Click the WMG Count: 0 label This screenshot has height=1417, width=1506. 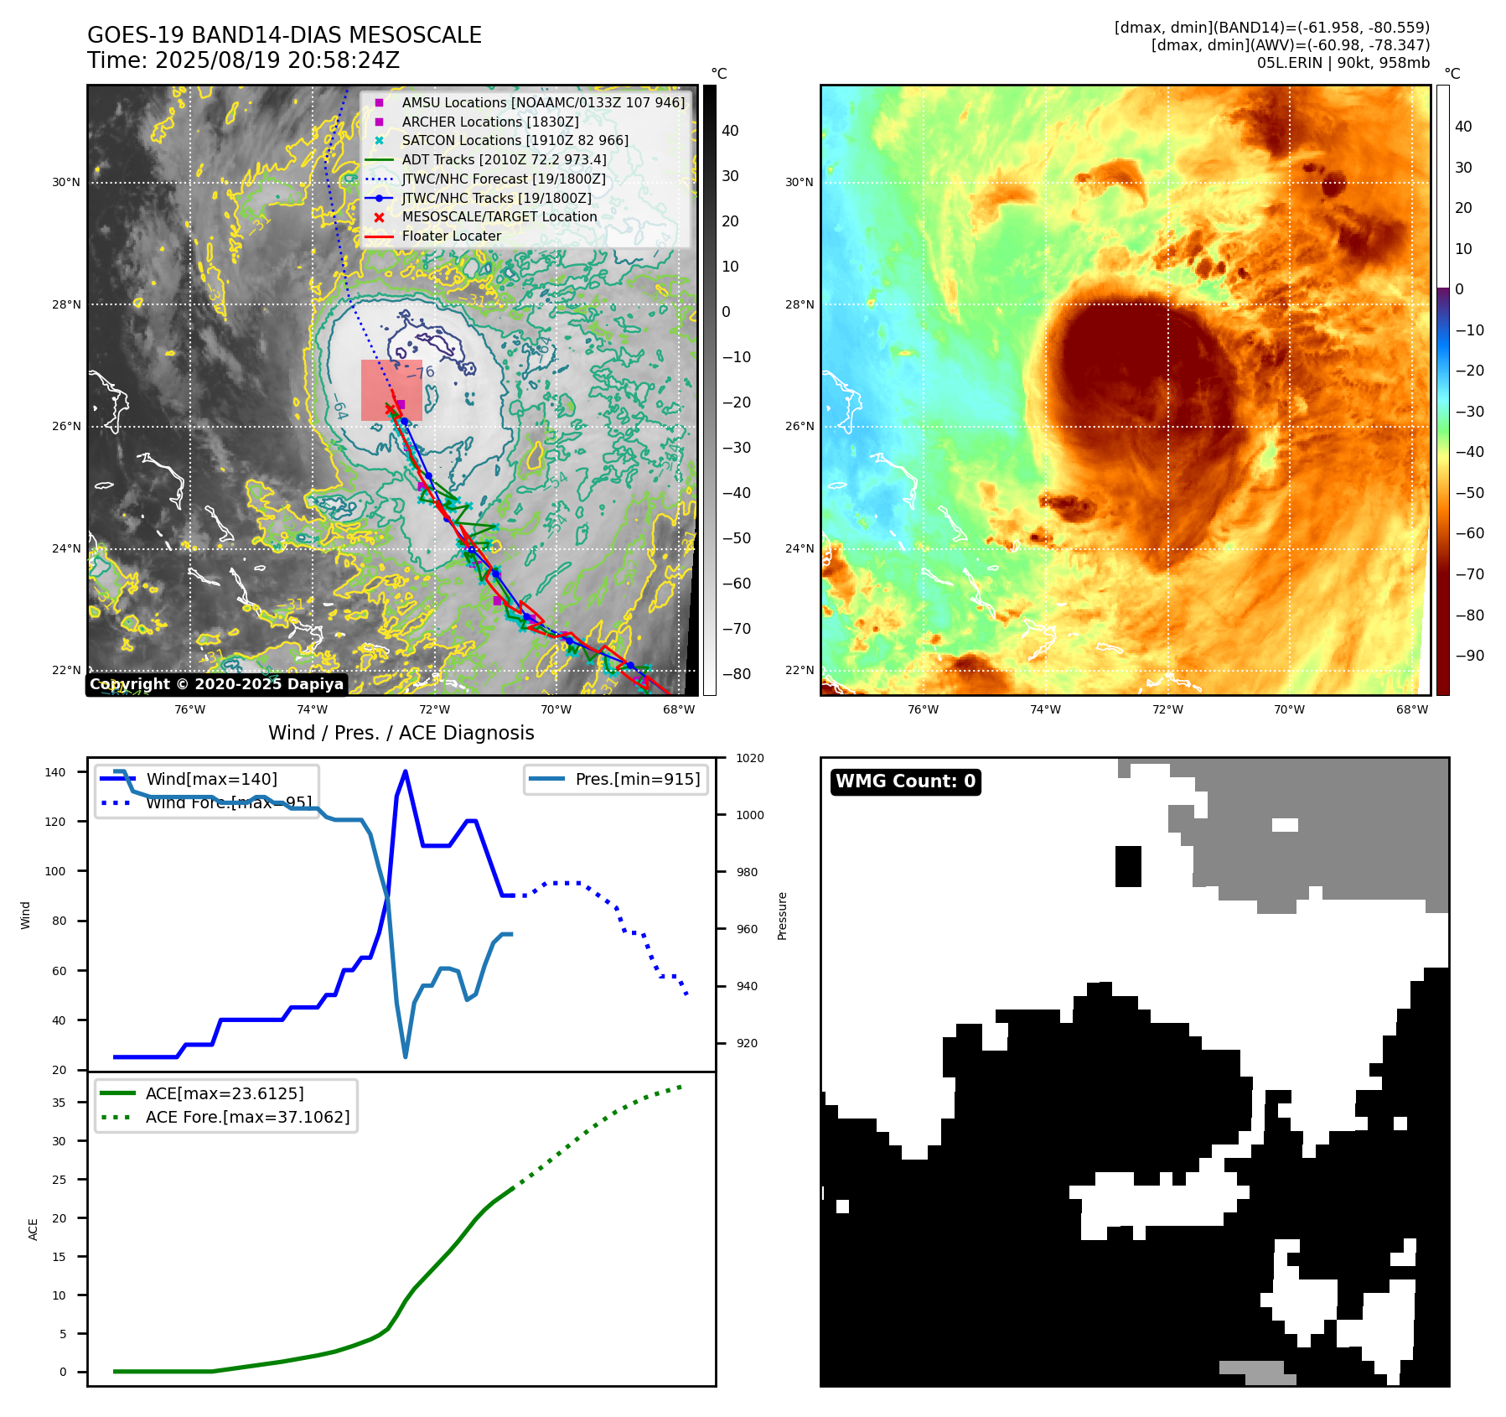[x=905, y=781]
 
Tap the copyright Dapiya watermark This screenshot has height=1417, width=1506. [x=216, y=684]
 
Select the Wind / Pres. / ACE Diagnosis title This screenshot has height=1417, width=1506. [x=401, y=733]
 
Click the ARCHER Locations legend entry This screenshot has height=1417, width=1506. [x=489, y=122]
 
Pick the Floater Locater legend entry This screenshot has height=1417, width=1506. [x=451, y=236]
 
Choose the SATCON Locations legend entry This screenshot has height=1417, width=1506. [x=515, y=141]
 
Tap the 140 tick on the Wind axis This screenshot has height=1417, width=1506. [x=55, y=772]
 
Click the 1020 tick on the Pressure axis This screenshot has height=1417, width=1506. [x=749, y=758]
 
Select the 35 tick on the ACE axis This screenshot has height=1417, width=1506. [x=59, y=1103]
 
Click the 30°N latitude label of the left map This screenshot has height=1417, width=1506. [x=66, y=183]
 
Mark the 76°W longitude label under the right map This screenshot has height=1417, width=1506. [x=923, y=709]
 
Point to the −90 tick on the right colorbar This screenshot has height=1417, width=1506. [x=1469, y=656]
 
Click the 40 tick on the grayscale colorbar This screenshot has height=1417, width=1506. [x=730, y=131]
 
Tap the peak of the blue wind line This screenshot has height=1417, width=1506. [x=406, y=771]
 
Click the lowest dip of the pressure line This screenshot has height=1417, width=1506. [x=406, y=1056]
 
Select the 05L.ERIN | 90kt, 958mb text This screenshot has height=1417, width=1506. [x=1343, y=63]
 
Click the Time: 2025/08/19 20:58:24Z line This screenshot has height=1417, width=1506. [x=243, y=61]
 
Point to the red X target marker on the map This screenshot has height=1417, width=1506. [x=390, y=409]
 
